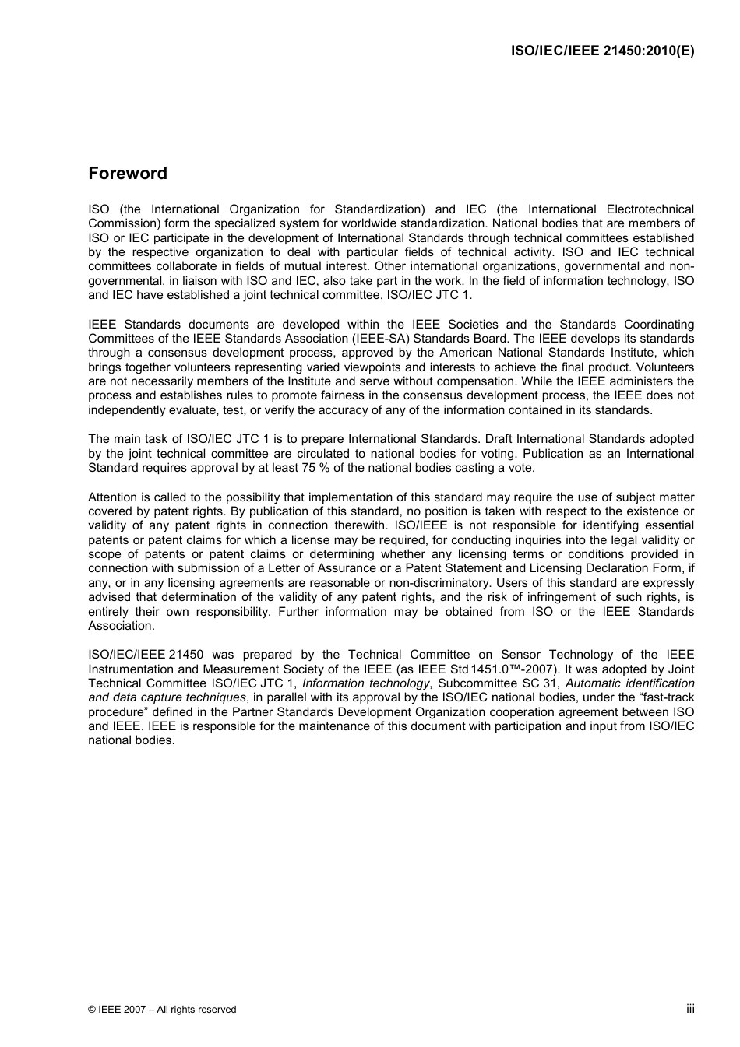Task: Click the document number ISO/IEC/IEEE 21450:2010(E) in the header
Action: point(602,51)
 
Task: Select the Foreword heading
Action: point(128,174)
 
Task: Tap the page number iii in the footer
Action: point(690,1008)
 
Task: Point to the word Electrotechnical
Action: point(650,209)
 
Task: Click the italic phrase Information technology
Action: point(366,683)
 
